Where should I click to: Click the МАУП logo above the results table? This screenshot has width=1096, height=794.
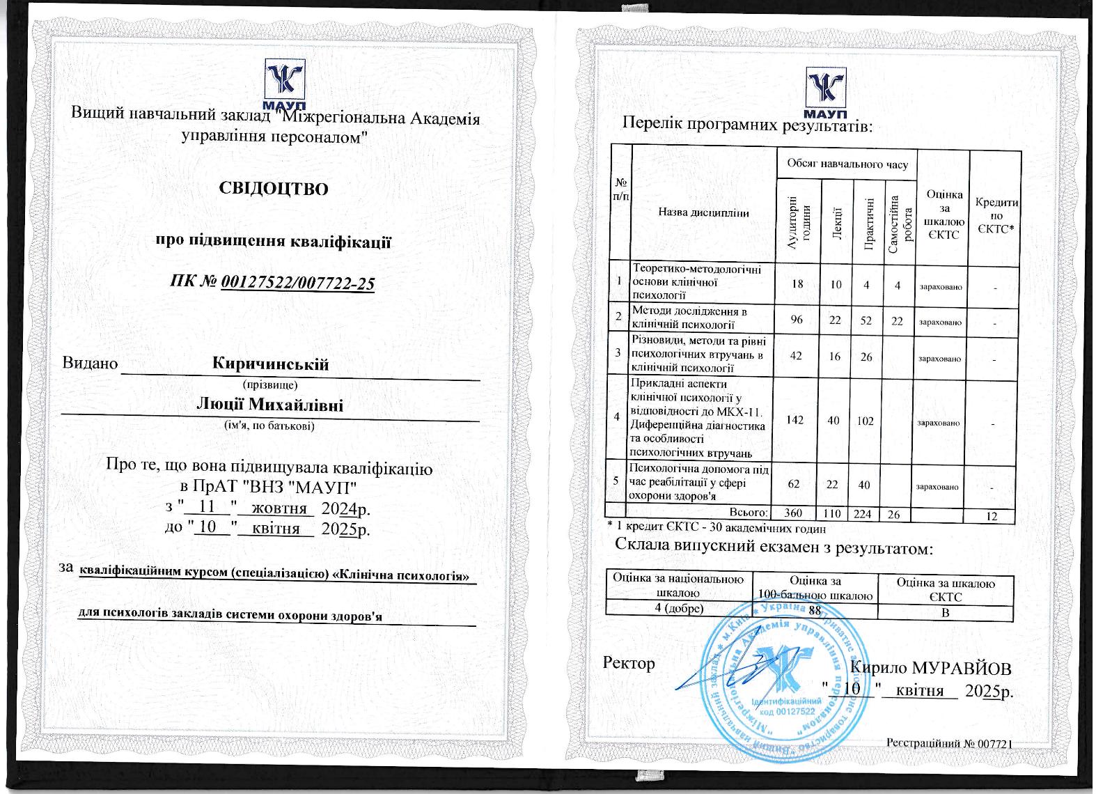coord(826,91)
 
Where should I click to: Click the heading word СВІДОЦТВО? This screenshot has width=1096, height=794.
coord(273,189)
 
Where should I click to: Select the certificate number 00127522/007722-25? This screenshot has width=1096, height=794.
coord(297,283)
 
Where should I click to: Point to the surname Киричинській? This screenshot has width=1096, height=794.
coord(271,364)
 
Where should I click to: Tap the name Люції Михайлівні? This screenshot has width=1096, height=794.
coord(270,405)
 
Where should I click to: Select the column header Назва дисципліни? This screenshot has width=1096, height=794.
coord(703,213)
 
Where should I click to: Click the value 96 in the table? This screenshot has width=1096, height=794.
coord(797,320)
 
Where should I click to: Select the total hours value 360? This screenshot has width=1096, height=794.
coord(793,513)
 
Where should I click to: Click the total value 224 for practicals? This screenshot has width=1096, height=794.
coord(864,514)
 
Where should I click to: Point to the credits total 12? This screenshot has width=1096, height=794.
coord(992,516)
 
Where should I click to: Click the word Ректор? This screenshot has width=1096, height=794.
coord(629,663)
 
